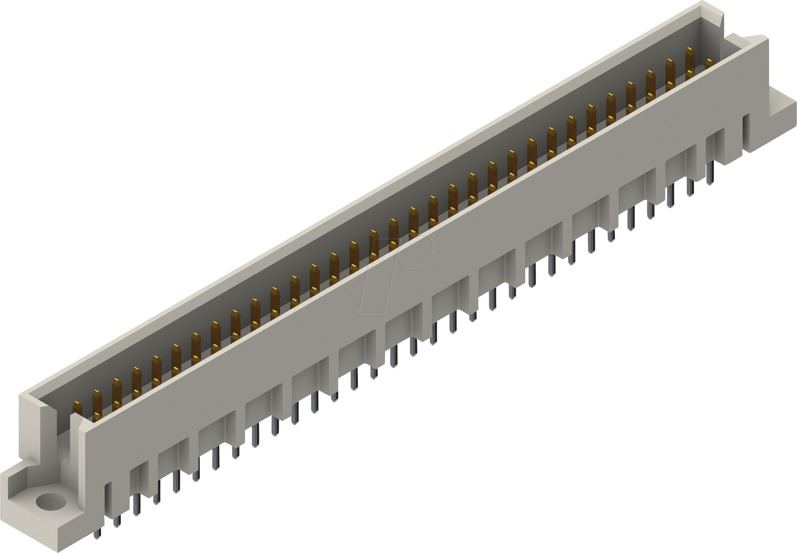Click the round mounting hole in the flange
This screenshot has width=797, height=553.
coord(50,502)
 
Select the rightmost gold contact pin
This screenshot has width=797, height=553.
coord(709,64)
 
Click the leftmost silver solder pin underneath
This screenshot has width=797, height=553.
coord(97,533)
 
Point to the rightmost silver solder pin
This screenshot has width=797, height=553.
coord(710,172)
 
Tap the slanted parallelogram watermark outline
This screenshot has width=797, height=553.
coord(379,277)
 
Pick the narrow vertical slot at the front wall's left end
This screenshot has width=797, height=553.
coord(108,499)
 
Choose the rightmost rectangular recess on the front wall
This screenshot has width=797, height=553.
coord(715,146)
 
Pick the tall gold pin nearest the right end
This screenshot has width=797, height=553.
coord(690,61)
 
